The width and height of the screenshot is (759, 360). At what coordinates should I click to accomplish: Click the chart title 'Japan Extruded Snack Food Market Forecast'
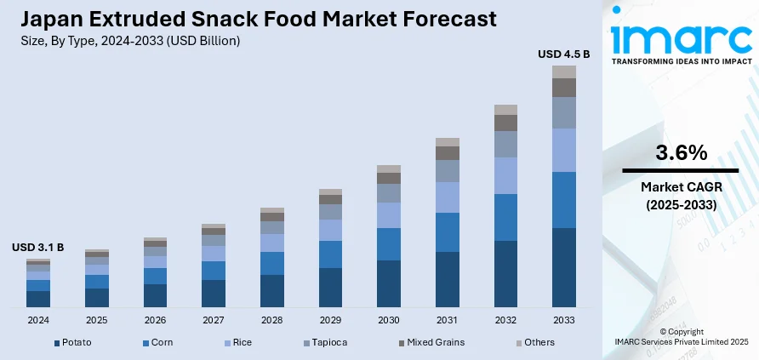[254, 19]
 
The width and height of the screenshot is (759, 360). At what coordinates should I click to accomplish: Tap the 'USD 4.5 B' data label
[563, 54]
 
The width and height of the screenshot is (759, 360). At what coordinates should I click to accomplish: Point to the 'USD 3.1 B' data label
[37, 248]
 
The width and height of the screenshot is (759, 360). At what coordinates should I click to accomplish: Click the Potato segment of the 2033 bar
[563, 267]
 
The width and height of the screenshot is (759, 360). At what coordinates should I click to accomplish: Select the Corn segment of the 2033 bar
[563, 200]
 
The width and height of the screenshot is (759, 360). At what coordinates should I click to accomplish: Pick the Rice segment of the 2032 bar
[505, 175]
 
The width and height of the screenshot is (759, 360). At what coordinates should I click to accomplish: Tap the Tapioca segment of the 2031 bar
[448, 171]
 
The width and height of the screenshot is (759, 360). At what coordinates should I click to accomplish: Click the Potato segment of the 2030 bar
[389, 283]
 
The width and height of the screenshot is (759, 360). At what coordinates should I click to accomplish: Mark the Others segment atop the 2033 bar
[563, 71]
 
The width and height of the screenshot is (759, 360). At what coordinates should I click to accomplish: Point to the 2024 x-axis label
[37, 320]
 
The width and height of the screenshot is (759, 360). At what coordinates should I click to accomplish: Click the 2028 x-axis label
[271, 320]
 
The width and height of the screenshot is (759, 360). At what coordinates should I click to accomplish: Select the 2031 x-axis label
[448, 320]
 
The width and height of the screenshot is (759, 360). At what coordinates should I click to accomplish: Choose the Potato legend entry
[73, 342]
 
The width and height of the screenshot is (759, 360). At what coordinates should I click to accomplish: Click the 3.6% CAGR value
[681, 153]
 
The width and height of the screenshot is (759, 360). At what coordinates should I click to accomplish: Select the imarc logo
[681, 38]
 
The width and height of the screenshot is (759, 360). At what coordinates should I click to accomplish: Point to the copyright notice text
[681, 336]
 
